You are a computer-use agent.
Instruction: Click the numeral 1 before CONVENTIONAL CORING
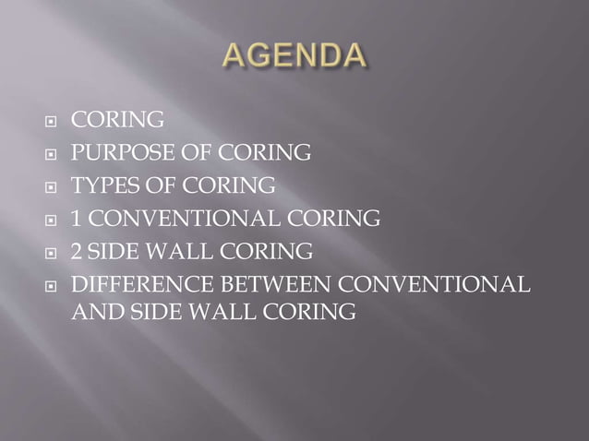pyautogui.click(x=78, y=219)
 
